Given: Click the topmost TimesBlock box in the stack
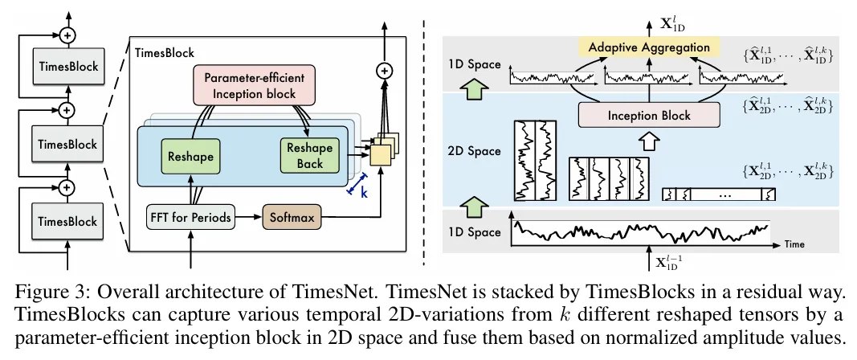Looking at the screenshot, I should pos(67,67).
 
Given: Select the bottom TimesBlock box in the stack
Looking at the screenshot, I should pos(67,221).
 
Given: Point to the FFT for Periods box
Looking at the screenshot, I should pos(191,217).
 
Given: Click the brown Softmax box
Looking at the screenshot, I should pos(290,217).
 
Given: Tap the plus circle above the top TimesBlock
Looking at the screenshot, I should pos(67,35).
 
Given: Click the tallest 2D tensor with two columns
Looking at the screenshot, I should pos(535,159).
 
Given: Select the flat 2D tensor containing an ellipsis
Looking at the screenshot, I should pos(719,194).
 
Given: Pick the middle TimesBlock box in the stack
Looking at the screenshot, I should pos(67,144).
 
